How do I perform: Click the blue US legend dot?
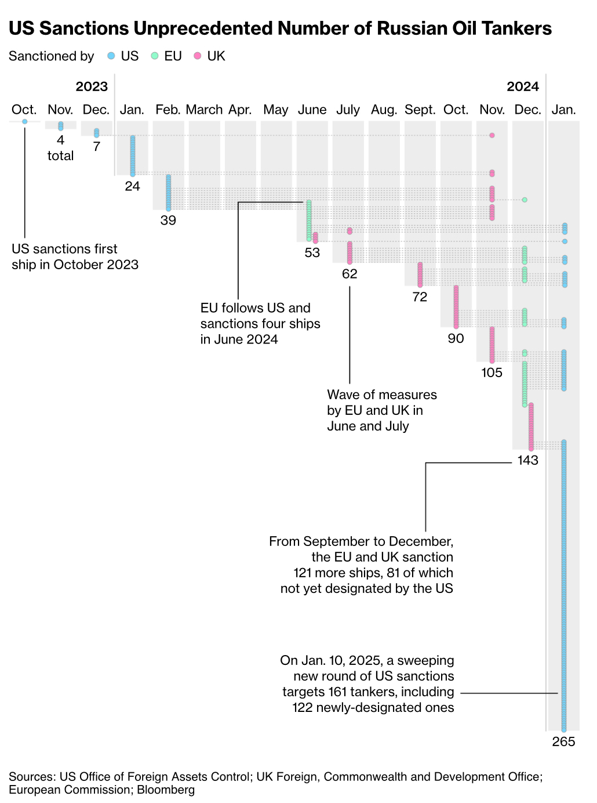click(111, 56)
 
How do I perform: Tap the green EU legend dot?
click(155, 56)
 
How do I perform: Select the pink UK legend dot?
click(198, 56)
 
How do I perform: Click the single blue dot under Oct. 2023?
click(24, 121)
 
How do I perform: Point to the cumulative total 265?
click(563, 741)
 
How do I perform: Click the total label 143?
click(527, 460)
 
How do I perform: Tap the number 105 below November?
click(492, 372)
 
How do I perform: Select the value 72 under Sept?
click(420, 297)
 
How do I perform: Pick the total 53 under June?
click(312, 253)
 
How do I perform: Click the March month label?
click(204, 110)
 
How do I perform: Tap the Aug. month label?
click(384, 110)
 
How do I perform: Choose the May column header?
click(275, 110)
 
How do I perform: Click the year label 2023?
click(92, 86)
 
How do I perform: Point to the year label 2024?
click(523, 86)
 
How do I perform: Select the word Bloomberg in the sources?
click(166, 790)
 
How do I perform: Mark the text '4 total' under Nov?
click(60, 148)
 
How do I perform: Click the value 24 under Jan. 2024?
click(132, 186)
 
